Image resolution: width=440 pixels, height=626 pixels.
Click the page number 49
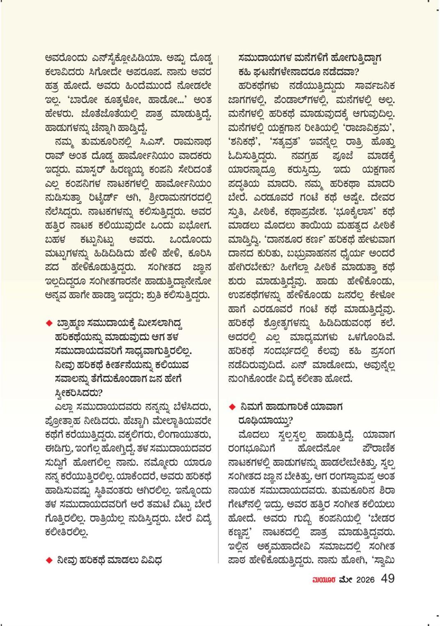[x=387, y=578]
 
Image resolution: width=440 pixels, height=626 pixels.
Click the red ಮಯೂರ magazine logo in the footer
[x=324, y=580]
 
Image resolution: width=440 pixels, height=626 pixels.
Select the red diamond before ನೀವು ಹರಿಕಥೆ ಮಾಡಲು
[x=49, y=560]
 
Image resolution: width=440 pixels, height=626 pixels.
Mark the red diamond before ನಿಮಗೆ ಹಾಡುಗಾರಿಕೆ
[x=232, y=407]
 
